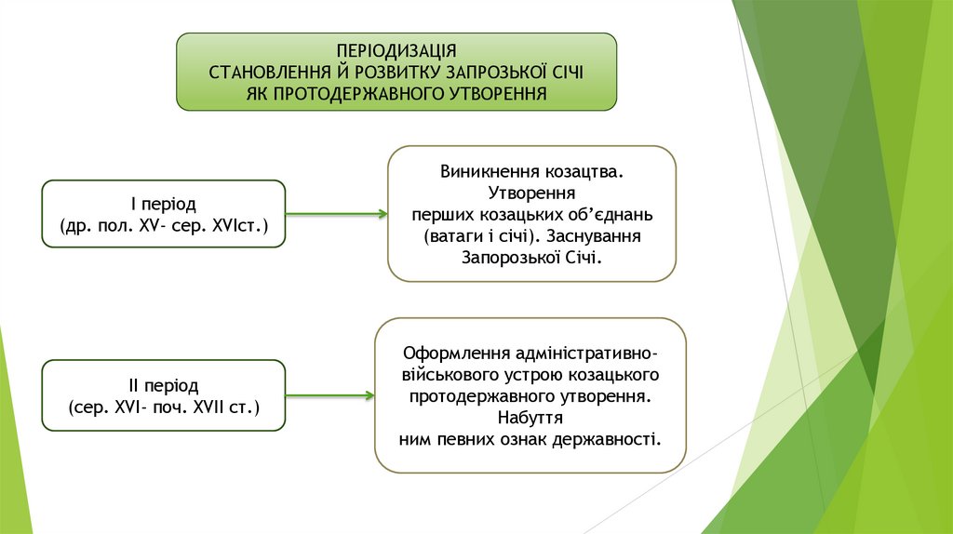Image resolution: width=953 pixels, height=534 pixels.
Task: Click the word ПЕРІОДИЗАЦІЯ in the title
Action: click(396, 51)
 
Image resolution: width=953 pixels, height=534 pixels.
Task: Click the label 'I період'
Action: click(163, 204)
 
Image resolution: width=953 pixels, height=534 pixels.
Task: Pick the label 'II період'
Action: click(163, 384)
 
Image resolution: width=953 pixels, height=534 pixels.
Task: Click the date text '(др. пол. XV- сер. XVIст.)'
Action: click(163, 226)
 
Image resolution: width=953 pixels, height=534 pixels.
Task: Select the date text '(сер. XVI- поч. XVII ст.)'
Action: click(163, 407)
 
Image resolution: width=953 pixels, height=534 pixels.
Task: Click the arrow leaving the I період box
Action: click(336, 214)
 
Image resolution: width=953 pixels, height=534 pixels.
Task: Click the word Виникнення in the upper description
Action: click(484, 173)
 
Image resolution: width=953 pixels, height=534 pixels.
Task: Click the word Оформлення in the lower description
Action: click(449, 354)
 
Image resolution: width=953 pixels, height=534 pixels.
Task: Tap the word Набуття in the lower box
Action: click(530, 417)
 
